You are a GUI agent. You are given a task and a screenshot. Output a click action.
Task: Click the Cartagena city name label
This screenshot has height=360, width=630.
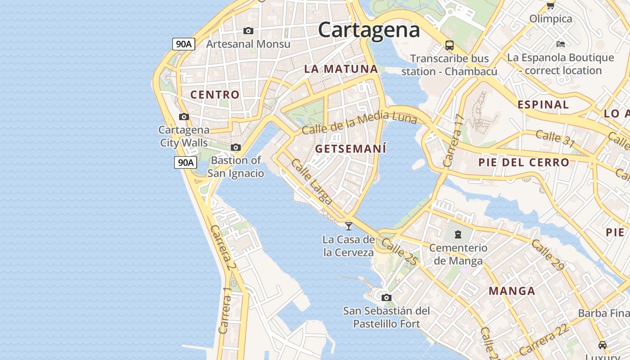[x=369, y=30]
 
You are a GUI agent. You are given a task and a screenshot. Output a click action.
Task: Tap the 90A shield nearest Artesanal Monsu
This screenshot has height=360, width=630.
[x=184, y=44]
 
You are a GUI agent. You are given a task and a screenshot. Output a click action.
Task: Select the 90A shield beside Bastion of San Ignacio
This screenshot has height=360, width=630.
[x=185, y=162]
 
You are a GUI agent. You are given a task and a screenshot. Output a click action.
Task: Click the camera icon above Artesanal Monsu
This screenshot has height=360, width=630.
[x=248, y=31]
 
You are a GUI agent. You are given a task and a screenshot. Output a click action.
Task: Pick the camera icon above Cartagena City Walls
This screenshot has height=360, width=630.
[x=184, y=117]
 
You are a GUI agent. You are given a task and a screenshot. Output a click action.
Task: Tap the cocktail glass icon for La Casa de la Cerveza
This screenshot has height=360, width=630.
[x=348, y=225]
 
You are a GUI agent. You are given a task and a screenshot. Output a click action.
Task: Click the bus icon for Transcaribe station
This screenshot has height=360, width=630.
[x=449, y=45]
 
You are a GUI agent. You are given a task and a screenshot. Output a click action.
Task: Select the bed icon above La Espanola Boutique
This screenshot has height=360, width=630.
[x=560, y=44]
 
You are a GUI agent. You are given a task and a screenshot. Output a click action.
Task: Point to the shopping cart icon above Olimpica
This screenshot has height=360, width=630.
[x=550, y=5]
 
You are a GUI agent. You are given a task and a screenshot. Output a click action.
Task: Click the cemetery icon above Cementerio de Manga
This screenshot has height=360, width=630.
[x=458, y=234]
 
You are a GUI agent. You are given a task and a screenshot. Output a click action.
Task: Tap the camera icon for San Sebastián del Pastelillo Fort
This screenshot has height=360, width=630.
[x=386, y=297]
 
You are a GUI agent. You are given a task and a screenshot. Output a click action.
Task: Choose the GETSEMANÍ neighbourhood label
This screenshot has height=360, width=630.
[x=351, y=149]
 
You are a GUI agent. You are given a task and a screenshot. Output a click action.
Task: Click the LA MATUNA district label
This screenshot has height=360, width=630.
[x=341, y=69]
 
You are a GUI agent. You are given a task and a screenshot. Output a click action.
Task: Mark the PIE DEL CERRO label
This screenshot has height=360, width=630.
[x=524, y=162]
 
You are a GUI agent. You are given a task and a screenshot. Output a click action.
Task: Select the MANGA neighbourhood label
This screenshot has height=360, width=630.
[x=512, y=291]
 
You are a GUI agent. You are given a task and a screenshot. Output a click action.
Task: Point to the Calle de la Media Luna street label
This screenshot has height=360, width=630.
[x=359, y=122]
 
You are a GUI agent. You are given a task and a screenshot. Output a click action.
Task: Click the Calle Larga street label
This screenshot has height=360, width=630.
[x=311, y=181]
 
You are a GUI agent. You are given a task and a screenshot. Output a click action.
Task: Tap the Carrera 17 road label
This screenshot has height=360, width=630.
[x=453, y=141]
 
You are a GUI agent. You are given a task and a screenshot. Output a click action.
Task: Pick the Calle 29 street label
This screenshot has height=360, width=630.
[x=548, y=255]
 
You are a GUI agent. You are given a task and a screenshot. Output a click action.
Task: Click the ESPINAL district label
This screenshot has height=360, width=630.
[x=543, y=105]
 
